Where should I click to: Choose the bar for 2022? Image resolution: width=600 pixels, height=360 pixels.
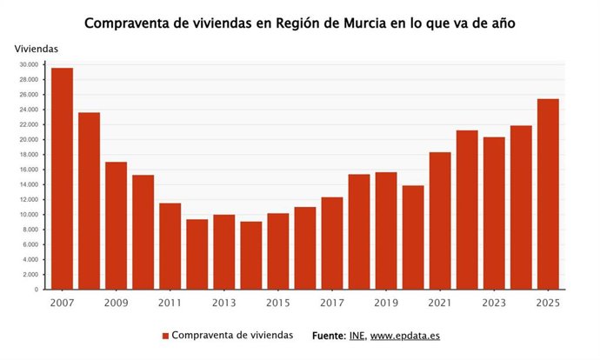(x=467, y=210)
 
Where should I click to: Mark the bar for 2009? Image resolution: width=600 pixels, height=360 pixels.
(x=116, y=225)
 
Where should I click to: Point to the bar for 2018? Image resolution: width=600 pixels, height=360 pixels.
(x=359, y=231)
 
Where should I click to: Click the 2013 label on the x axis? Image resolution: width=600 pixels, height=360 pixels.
(x=224, y=303)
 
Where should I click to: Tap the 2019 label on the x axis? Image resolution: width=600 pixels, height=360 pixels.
(x=386, y=303)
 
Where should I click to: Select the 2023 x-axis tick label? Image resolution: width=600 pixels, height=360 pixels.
(x=494, y=303)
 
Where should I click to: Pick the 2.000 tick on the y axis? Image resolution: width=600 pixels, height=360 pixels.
(x=30, y=275)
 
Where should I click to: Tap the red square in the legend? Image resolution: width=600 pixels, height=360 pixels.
(x=165, y=336)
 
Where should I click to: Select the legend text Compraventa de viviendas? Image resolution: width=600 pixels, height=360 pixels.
(x=232, y=336)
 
